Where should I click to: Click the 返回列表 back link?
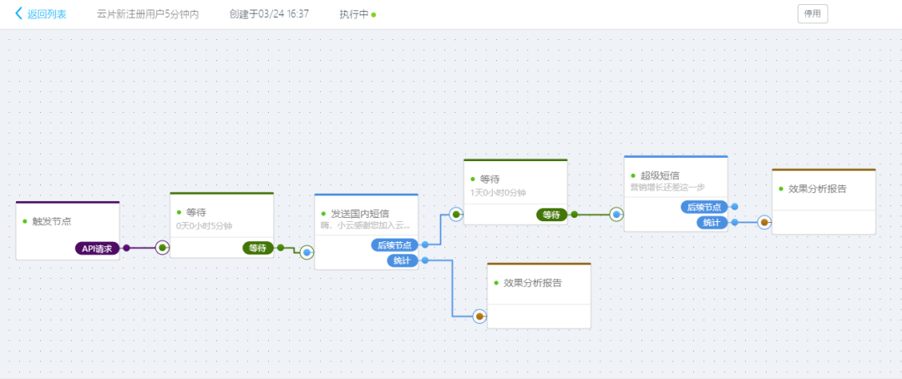point(47,14)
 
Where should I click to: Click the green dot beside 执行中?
point(374,14)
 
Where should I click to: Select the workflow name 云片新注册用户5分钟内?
point(148,14)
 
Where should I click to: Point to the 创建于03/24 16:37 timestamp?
point(269,14)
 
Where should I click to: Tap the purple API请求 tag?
point(97,249)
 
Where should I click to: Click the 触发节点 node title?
point(52,221)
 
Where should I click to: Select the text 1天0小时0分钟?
point(498,192)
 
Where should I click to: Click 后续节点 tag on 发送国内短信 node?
point(394,245)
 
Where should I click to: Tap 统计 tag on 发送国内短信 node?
point(402,260)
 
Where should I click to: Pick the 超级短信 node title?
point(660,175)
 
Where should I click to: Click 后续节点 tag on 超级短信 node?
point(704,207)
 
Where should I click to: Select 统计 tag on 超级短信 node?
point(712,223)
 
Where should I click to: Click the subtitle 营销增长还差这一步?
point(667,187)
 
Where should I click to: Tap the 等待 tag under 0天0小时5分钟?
point(258,249)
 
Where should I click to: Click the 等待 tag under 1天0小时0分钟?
point(551,215)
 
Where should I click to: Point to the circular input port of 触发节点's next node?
point(163,248)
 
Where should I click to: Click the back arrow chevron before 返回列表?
point(19,13)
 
